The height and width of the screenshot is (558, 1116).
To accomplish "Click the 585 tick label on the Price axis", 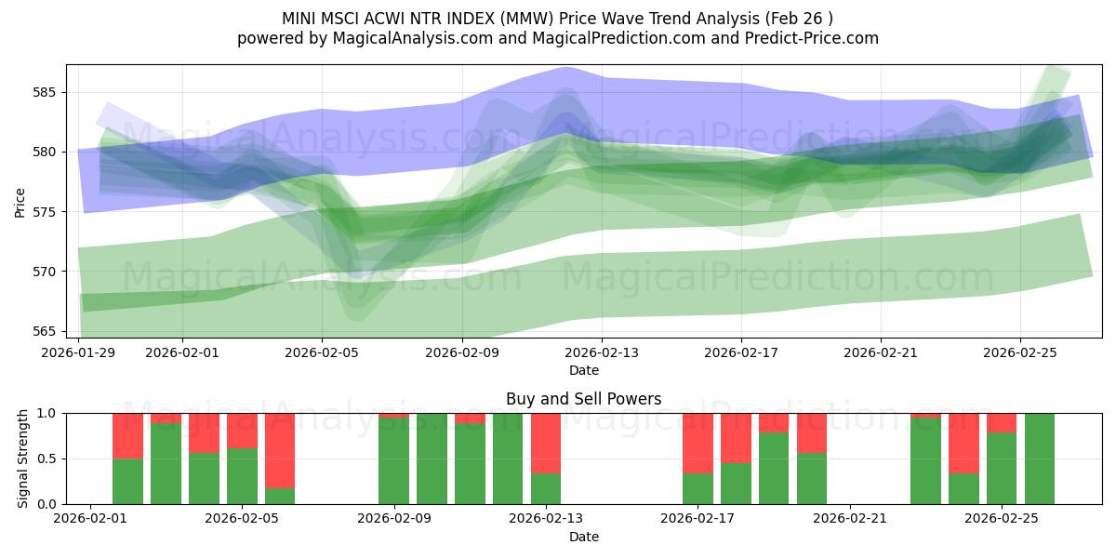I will [x=46, y=92].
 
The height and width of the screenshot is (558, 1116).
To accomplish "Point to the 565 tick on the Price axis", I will [x=46, y=331].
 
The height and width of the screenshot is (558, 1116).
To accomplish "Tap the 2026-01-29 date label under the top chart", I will [x=79, y=353].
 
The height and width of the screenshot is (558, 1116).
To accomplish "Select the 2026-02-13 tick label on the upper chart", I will [x=602, y=353].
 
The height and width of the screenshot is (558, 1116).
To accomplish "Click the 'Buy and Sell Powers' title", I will [x=583, y=399].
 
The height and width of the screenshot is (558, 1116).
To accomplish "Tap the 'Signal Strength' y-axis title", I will [x=23, y=458].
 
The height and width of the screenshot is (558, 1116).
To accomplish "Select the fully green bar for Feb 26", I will [x=1040, y=458].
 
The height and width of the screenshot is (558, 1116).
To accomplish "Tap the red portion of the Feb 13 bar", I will [x=546, y=443].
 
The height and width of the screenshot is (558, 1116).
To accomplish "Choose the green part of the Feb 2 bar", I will [x=127, y=481].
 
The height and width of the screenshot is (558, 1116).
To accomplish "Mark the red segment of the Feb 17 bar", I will [x=697, y=443].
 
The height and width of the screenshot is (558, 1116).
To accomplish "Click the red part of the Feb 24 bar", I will [x=963, y=443].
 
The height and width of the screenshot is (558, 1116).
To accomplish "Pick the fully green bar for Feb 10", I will [x=432, y=458].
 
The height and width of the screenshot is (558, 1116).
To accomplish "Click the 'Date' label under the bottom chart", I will [x=583, y=537].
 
